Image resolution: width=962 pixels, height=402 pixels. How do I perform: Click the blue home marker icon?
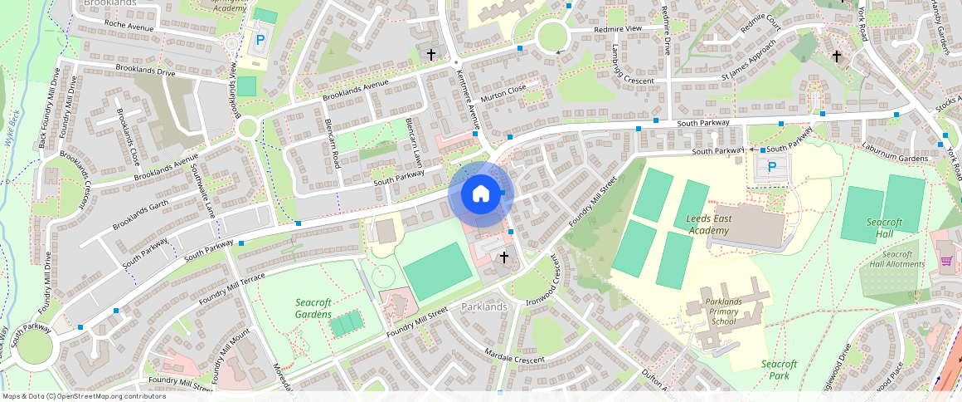[481, 194]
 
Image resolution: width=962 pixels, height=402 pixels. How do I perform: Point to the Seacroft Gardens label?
[313, 308]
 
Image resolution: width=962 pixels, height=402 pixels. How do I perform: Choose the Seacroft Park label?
[779, 370]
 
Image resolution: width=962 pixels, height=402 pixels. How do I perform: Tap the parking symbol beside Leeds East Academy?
[772, 167]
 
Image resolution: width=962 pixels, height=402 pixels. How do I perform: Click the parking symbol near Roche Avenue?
[260, 39]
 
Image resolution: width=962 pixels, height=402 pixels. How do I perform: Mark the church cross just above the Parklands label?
[503, 258]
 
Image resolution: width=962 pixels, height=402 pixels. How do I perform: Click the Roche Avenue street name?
[130, 27]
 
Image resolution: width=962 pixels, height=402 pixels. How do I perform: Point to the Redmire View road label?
[618, 30]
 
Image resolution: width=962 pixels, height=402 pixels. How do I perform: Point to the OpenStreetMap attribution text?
[83, 396]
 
